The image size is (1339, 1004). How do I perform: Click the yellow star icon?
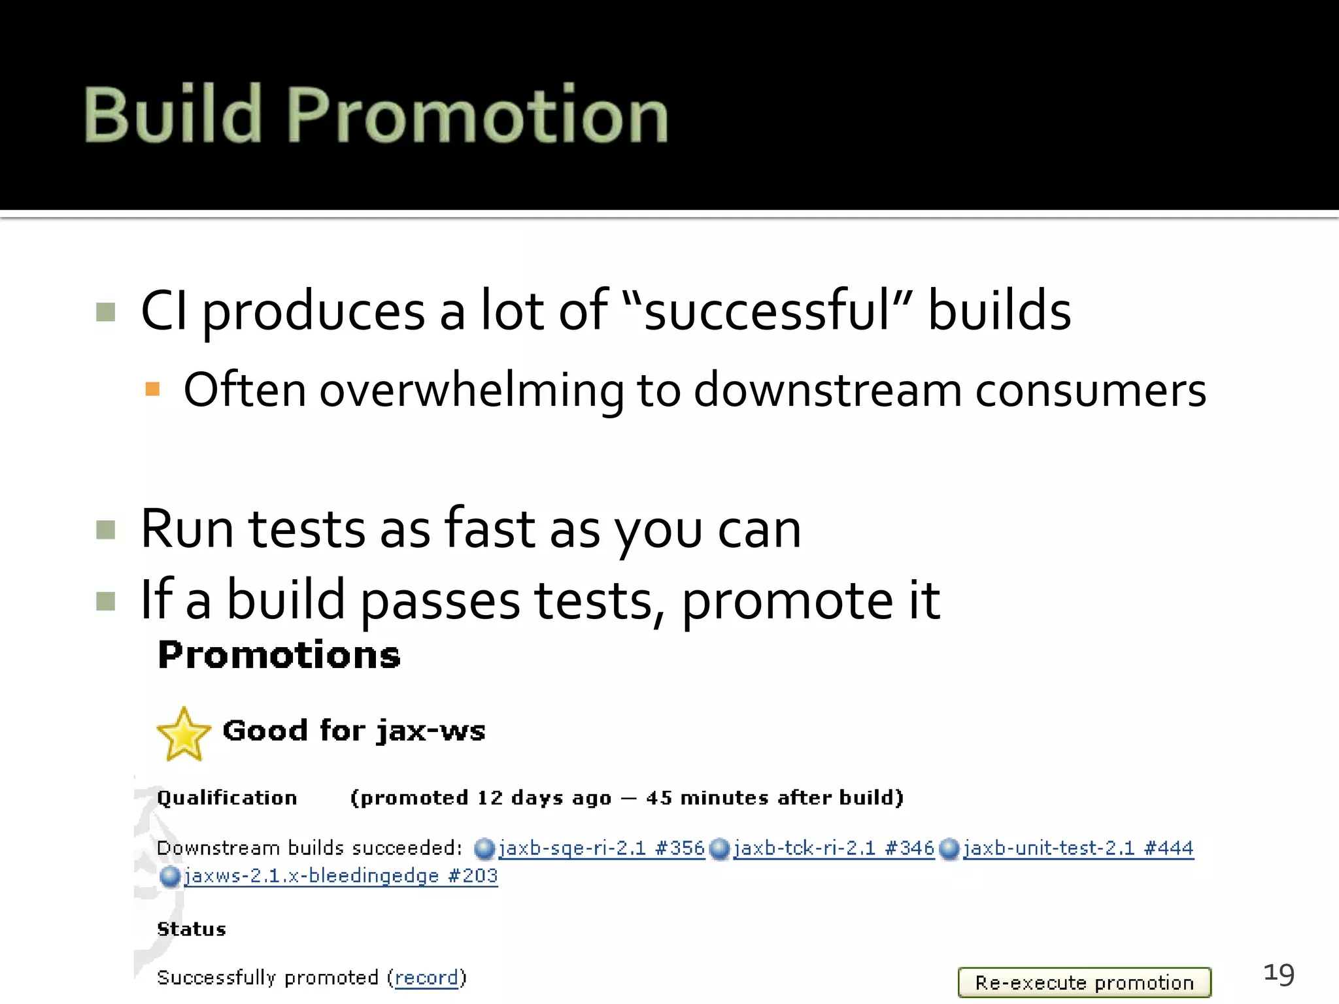(183, 735)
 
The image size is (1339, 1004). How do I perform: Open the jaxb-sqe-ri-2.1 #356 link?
(602, 848)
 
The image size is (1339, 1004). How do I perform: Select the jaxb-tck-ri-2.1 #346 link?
(834, 848)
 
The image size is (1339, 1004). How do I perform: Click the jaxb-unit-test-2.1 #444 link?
(1078, 848)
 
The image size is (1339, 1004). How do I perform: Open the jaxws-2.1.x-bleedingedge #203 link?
(341, 876)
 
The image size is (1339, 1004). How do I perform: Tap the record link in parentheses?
(426, 978)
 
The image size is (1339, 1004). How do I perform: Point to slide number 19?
(1279, 974)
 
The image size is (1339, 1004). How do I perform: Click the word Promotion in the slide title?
(477, 116)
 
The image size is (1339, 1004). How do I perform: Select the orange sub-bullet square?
(152, 390)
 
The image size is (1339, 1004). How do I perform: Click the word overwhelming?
(471, 391)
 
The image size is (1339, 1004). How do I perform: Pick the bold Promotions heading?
(279, 655)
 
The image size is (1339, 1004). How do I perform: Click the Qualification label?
(227, 798)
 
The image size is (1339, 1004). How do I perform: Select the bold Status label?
(192, 929)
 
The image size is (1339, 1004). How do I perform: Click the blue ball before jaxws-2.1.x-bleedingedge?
(169, 877)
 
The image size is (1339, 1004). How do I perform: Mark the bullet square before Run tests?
(105, 529)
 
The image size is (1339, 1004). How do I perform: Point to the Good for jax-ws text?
(354, 731)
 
